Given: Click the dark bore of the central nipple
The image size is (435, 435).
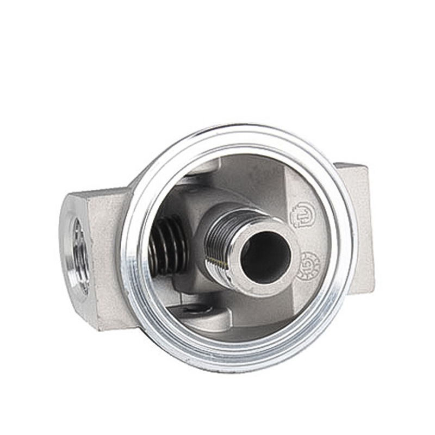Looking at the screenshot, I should point(265,257).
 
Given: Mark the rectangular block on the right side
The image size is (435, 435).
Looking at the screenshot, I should point(356,228).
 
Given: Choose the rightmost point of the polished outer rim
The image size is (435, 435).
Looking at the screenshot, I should point(352,245).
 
